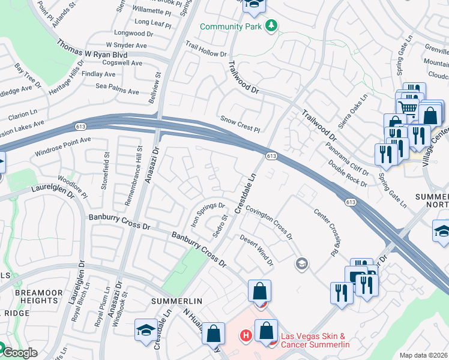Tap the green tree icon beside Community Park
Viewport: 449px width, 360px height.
[271, 25]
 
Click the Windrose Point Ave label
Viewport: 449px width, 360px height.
[62, 144]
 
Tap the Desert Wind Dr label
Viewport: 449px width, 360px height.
[257, 250]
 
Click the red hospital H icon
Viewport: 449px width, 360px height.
[245, 335]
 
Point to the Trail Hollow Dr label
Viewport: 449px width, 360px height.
[205, 49]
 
